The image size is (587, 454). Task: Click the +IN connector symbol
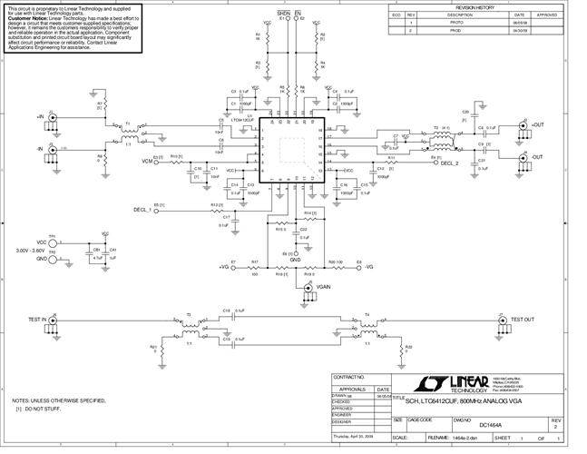click(x=53, y=118)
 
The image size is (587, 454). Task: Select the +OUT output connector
click(x=524, y=125)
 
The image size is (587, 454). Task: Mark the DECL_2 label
click(x=450, y=163)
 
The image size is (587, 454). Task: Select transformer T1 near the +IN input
click(x=128, y=133)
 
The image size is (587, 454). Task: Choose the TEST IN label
click(x=36, y=320)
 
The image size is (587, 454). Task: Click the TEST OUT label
click(x=524, y=320)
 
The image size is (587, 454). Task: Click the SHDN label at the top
click(x=282, y=13)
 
